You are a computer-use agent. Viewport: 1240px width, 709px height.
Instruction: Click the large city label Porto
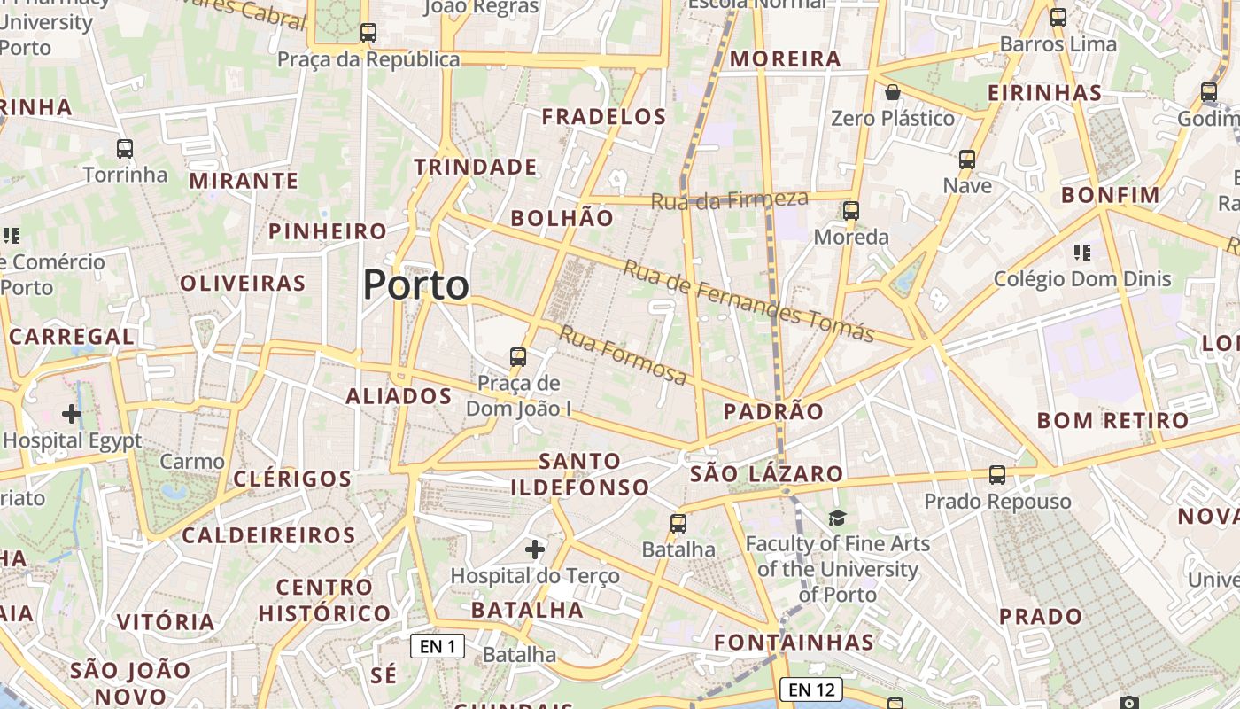[x=416, y=285]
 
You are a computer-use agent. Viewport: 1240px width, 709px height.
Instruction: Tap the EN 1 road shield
[x=438, y=646]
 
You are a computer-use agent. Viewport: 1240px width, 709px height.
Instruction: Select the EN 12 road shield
[x=811, y=689]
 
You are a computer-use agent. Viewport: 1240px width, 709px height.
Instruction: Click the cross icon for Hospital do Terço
[x=535, y=549]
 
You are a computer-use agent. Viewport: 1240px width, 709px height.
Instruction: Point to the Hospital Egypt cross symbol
[x=72, y=413]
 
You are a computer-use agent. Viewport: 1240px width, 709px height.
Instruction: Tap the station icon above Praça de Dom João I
[x=518, y=357]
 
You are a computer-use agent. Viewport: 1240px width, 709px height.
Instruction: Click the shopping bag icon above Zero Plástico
[x=893, y=92]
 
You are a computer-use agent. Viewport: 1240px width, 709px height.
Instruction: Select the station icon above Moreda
[x=851, y=211]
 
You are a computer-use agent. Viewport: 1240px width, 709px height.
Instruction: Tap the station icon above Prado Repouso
[x=997, y=475]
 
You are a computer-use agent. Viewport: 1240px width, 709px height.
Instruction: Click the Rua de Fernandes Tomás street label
[x=748, y=301]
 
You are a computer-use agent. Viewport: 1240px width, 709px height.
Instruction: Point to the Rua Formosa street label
[x=623, y=355]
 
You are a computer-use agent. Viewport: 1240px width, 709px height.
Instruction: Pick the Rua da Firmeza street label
[x=730, y=199]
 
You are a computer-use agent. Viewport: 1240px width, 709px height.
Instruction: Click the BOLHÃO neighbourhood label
[x=562, y=218]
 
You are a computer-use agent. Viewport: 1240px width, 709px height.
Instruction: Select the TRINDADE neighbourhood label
[x=476, y=167]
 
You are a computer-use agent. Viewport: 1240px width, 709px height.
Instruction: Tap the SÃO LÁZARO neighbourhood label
[x=766, y=473]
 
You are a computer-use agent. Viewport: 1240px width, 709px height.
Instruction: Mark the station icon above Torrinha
[x=125, y=148]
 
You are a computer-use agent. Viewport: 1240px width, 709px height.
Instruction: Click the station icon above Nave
[x=967, y=160]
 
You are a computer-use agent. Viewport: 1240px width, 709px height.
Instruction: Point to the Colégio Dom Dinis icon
[x=1081, y=253]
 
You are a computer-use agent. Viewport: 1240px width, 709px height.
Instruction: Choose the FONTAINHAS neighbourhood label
[x=794, y=642]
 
